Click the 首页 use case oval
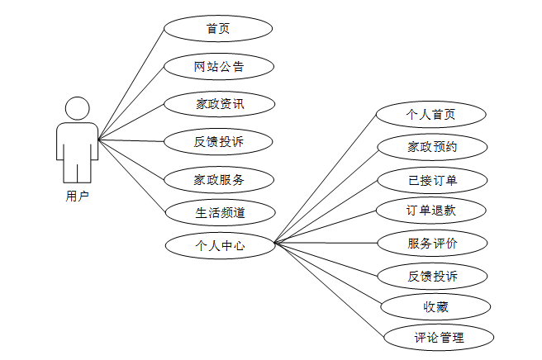pyautogui.click(x=218, y=29)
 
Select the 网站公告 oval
pyautogui.click(x=218, y=66)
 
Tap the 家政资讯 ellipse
pyautogui.click(x=218, y=104)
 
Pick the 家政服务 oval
pyautogui.click(x=218, y=178)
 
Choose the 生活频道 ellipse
pyautogui.click(x=218, y=212)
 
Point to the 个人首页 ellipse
pyautogui.click(x=430, y=115)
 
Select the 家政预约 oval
pyautogui.click(x=430, y=148)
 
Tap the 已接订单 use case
pyautogui.click(x=430, y=180)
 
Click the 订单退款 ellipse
pyautogui.click(x=430, y=211)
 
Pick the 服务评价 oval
pyautogui.click(x=430, y=244)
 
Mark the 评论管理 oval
pyautogui.click(x=439, y=337)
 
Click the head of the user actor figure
pyautogui.click(x=78, y=109)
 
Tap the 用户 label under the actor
pyautogui.click(x=77, y=196)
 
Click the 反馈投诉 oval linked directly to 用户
pyautogui.click(x=218, y=141)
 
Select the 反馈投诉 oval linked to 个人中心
pyautogui.click(x=430, y=276)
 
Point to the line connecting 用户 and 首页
pyautogui.click(x=132, y=83)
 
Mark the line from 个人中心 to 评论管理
pyautogui.click(x=330, y=291)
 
